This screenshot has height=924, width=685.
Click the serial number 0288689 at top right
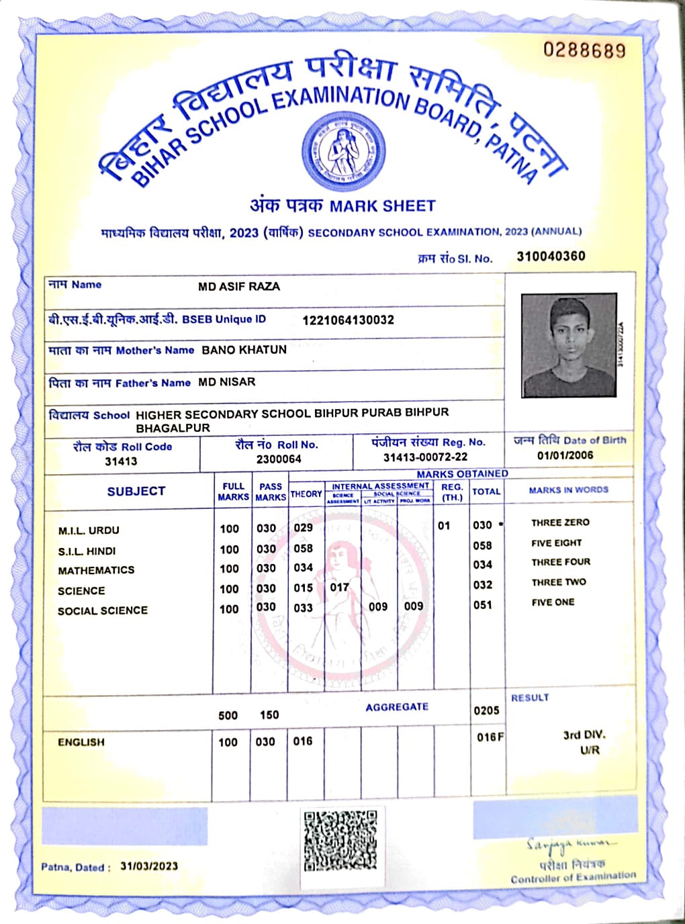click(584, 50)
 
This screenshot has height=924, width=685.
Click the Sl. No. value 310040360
click(551, 256)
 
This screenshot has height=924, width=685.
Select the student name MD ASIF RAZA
click(239, 287)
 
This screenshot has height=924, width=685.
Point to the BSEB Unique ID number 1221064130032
click(348, 320)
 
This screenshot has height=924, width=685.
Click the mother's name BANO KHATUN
click(244, 350)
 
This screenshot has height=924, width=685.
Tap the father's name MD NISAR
click(226, 382)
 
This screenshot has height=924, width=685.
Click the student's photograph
click(569, 345)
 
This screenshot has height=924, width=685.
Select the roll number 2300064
click(279, 459)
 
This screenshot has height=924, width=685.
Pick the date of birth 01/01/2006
click(565, 455)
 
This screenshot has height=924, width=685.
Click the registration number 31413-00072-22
click(425, 457)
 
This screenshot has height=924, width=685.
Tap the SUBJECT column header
click(136, 492)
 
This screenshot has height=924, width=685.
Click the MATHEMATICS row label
click(96, 570)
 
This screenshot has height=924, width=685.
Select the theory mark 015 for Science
click(303, 588)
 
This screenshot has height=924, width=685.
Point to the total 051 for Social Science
click(482, 605)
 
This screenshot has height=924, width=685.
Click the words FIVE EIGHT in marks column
click(556, 543)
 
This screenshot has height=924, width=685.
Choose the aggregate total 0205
click(486, 710)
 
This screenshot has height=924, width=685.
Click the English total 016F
click(490, 737)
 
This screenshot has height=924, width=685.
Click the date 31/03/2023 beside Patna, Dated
click(149, 866)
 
